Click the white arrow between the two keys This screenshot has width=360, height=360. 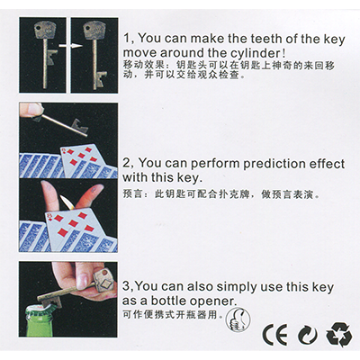68,43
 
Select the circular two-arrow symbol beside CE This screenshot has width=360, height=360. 307,336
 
